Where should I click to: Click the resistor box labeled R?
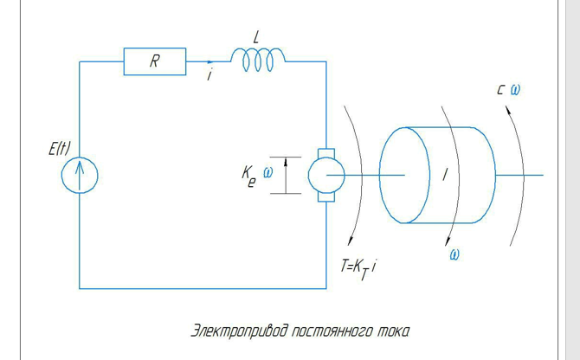155,61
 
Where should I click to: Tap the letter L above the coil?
255,39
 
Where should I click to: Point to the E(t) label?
60,150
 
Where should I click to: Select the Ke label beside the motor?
249,176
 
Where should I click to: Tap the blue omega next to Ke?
268,171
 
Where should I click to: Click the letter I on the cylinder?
445,176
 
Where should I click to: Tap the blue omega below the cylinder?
454,254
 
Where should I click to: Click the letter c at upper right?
501,89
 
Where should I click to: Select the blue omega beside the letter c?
516,89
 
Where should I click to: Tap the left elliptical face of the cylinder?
403,176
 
